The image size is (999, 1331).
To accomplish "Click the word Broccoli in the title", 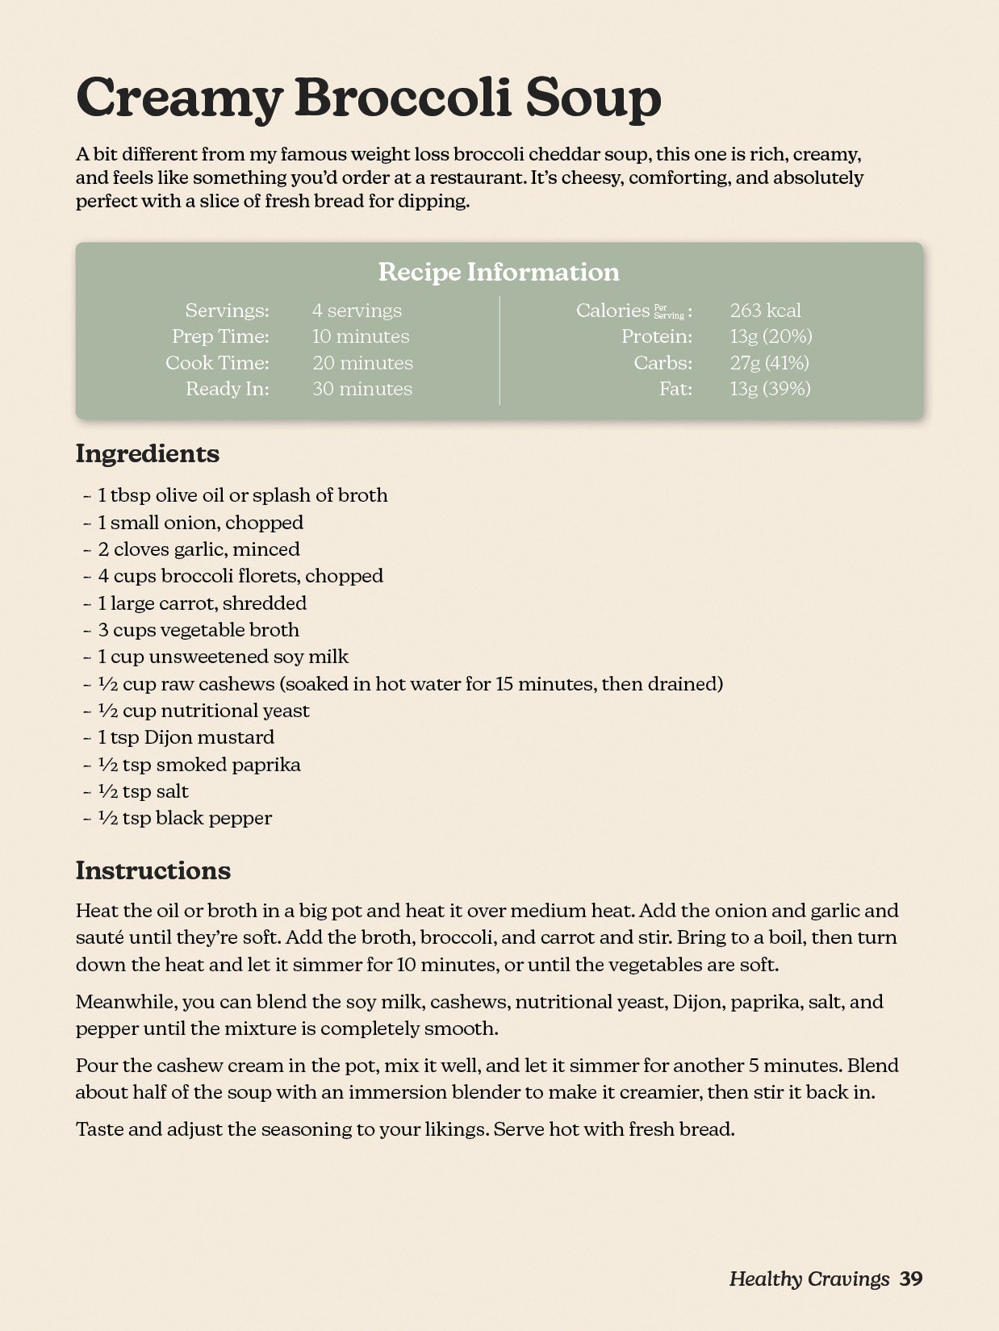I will [x=403, y=98].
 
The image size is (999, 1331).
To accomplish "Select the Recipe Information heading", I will [x=499, y=272].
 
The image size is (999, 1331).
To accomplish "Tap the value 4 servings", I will [x=357, y=311].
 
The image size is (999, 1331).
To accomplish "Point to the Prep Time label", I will [x=220, y=336].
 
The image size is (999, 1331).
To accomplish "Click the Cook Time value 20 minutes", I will [x=362, y=363].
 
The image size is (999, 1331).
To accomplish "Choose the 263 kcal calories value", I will [x=765, y=311].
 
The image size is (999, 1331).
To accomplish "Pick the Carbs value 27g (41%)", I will [x=769, y=363].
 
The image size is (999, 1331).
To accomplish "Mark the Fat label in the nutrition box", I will [x=675, y=389].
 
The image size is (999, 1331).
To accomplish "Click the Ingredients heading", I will [x=148, y=453].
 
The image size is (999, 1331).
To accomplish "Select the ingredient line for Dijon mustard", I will [x=186, y=737].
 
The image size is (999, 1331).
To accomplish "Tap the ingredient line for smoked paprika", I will [x=199, y=765].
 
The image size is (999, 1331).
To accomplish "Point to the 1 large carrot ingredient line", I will [x=202, y=603].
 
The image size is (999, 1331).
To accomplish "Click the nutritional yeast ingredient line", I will [x=203, y=711].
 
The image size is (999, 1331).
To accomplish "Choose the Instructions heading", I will [x=153, y=870].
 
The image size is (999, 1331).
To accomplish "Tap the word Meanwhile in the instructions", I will [x=126, y=1002].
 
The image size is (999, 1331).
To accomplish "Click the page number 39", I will [x=911, y=1279].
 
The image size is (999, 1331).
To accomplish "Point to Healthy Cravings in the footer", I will [x=809, y=1279].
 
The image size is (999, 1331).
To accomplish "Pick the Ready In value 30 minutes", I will [x=362, y=389].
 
